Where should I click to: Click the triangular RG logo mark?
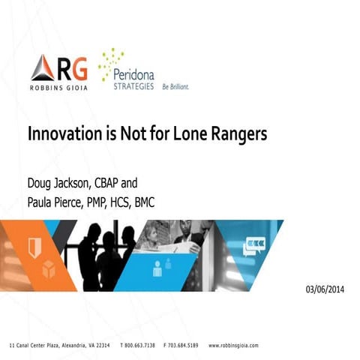tap(42, 68)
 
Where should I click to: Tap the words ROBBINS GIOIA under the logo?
tap(59, 87)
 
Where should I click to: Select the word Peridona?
tap(136, 74)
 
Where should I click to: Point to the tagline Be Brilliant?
tap(175, 87)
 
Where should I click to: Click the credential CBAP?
tap(121, 182)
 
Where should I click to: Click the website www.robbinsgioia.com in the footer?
tap(233, 345)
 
